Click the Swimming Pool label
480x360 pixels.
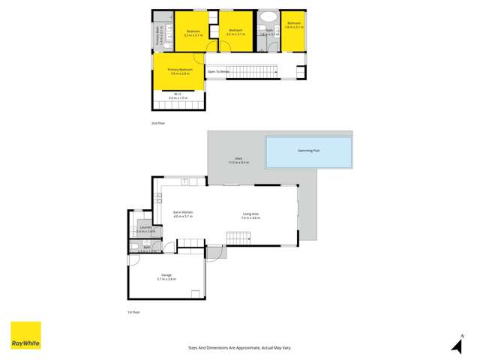pos(308,151)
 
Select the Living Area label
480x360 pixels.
pos(250,215)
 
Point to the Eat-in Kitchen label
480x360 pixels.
pos(183,214)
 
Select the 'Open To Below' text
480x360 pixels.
pos(217,72)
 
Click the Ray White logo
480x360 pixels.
pos(25,335)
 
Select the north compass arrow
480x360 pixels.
pos(455,345)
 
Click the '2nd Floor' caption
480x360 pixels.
pos(157,122)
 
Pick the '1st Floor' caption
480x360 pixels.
pos(133,311)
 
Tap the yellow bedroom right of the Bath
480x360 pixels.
pos(293,30)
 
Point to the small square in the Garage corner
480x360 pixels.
pos(195,293)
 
